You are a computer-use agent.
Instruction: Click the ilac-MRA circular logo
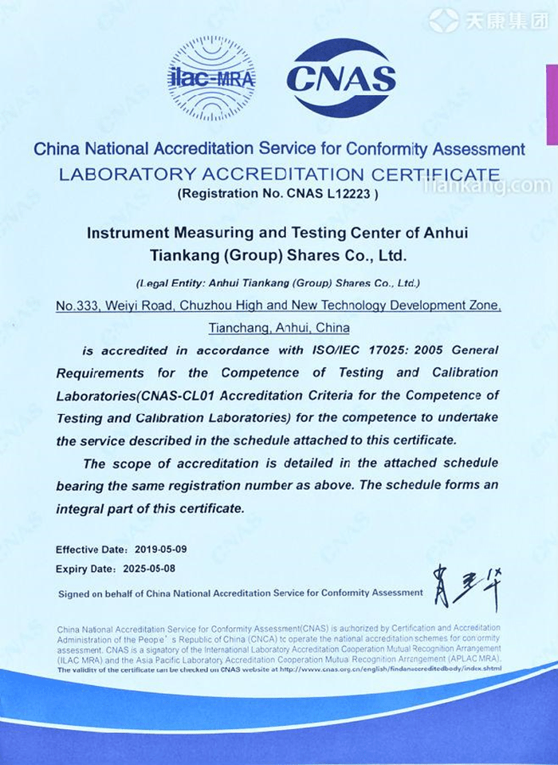211,78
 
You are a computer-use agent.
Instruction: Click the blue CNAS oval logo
341,78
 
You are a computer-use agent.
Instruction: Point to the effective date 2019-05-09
160,550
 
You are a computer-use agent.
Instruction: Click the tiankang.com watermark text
495,187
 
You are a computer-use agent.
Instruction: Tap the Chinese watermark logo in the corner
487,20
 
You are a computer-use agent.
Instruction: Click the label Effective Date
91,550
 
